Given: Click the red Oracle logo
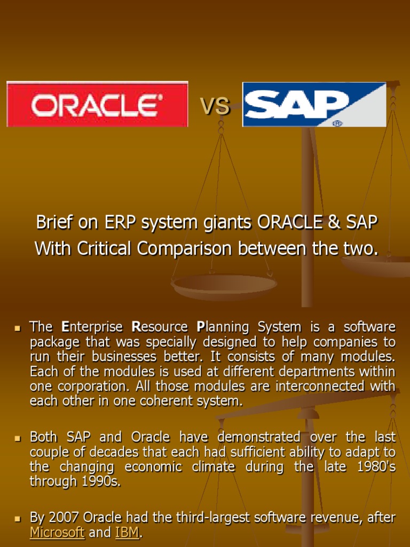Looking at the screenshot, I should coord(97,104).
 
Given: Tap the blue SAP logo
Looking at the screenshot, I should coord(314,104).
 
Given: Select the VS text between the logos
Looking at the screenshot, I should coord(215,106).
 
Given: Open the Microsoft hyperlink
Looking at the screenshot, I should coord(57,532).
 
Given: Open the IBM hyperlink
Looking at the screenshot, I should coord(127,532).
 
